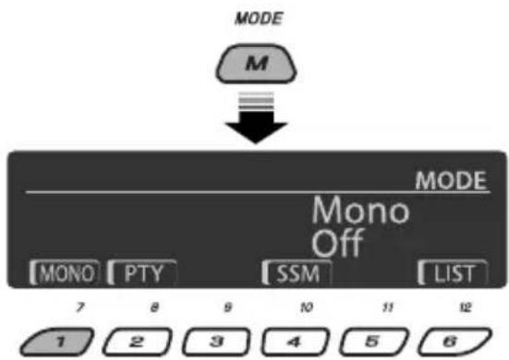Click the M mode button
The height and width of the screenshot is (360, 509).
256,64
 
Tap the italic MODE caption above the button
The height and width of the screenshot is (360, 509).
259,18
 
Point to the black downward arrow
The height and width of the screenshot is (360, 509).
256,118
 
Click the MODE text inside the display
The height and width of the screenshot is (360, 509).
451,180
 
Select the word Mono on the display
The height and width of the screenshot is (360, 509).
360,210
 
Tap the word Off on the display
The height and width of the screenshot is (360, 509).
338,243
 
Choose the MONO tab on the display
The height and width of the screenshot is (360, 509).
65,272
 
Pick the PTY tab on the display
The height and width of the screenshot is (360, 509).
142,272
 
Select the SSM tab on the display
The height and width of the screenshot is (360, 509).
297,272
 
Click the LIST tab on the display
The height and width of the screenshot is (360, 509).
453,272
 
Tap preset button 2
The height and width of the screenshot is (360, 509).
138,342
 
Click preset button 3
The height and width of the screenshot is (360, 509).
216,342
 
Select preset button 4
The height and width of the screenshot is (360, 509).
296,342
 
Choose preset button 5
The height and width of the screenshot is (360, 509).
374,342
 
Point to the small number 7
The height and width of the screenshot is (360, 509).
80,306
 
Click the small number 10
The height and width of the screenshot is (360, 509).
307,306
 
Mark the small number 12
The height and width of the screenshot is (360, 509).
466,306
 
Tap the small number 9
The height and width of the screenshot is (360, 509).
228,306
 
